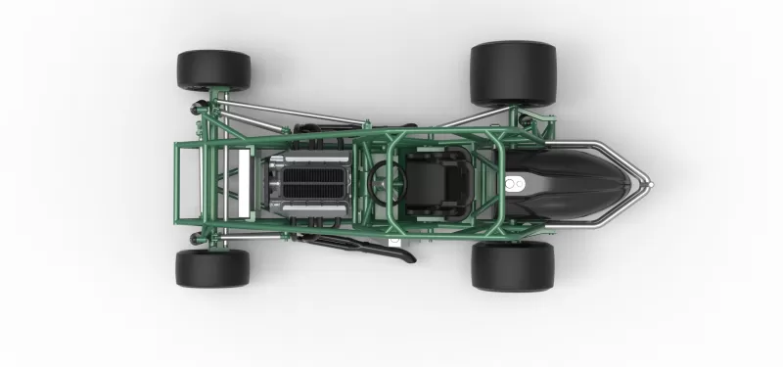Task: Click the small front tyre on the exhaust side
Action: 212,268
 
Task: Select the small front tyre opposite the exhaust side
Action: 213,70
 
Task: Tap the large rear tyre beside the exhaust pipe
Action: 513,266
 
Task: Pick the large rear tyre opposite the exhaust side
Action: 513,73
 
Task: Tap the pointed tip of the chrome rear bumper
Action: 649,182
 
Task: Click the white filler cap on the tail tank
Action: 515,183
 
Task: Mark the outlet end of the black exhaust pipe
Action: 408,259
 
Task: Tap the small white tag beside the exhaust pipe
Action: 393,239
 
